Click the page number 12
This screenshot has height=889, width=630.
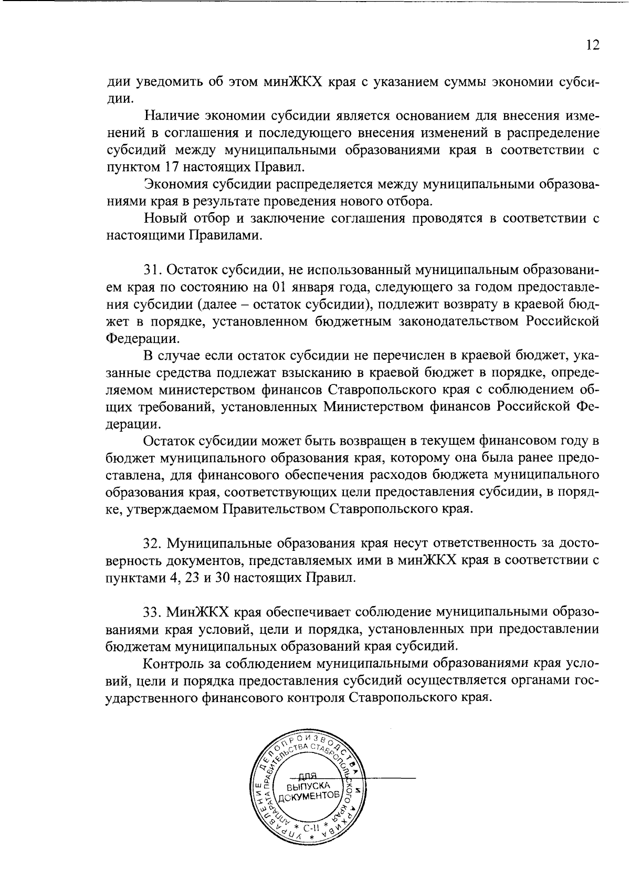pos(592,46)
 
